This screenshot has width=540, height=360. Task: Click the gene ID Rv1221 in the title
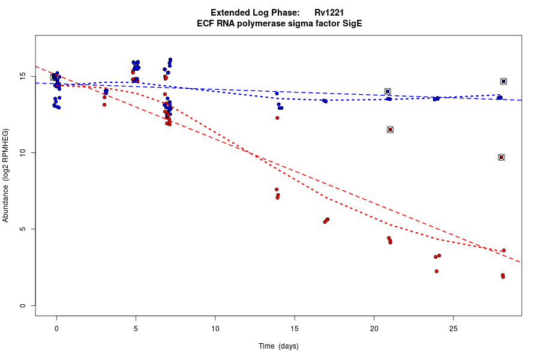click(x=329, y=13)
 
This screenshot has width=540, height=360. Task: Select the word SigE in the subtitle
click(x=351, y=24)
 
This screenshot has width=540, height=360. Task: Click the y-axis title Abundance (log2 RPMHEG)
click(x=6, y=175)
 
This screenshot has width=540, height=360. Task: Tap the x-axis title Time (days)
click(x=278, y=346)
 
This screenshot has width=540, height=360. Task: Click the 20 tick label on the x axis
click(x=374, y=328)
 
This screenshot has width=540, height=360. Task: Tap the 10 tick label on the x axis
click(x=215, y=328)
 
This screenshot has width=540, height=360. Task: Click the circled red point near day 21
click(x=390, y=130)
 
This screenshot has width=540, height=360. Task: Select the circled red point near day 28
click(x=501, y=157)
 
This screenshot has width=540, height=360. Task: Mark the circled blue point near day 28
click(x=503, y=82)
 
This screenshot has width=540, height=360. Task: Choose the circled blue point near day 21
click(x=388, y=91)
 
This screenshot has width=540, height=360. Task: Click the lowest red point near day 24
click(x=436, y=271)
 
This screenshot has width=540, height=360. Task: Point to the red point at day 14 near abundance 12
click(x=277, y=118)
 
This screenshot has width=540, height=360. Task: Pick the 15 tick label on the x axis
click(x=294, y=328)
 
